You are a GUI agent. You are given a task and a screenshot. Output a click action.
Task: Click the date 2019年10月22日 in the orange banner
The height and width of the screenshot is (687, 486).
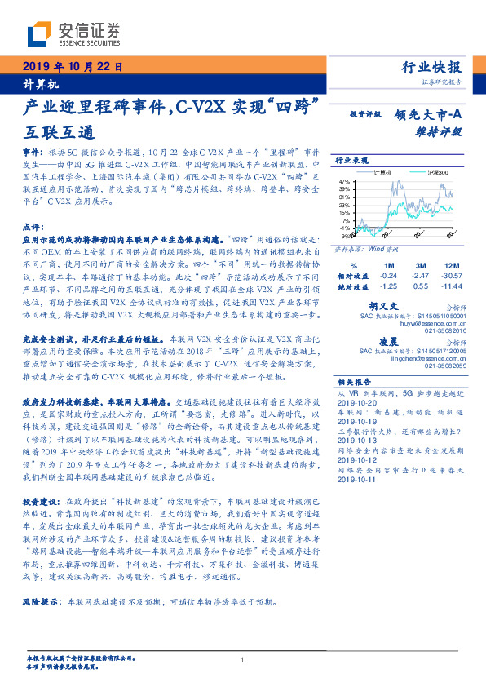click(x=72, y=67)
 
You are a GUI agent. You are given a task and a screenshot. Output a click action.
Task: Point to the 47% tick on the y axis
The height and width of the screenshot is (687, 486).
click(x=344, y=181)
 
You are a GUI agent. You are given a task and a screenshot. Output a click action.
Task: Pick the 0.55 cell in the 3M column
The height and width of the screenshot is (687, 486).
click(x=420, y=287)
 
